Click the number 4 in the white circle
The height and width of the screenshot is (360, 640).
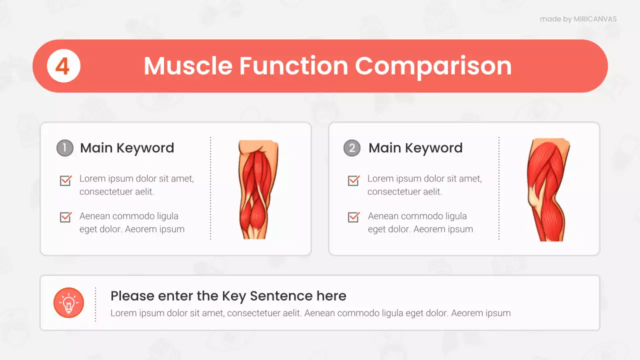(x=62, y=66)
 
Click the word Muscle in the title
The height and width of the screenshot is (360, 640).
(x=188, y=66)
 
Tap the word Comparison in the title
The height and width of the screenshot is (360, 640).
(x=433, y=66)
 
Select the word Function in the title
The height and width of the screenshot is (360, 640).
(x=293, y=66)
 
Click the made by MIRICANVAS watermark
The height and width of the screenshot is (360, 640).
(x=578, y=19)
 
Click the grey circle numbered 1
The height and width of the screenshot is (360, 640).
(x=65, y=148)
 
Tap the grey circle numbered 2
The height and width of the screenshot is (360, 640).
(x=352, y=148)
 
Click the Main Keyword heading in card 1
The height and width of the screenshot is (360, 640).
(x=127, y=148)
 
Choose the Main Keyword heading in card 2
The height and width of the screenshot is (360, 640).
(x=415, y=148)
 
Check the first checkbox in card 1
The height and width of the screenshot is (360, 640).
(x=65, y=180)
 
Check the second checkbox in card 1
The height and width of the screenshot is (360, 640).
(x=65, y=217)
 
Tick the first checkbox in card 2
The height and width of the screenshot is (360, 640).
(x=353, y=180)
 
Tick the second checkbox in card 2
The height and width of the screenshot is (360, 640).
(x=353, y=217)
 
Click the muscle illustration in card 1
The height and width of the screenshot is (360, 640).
(x=258, y=189)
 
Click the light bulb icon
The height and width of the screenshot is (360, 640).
(x=68, y=302)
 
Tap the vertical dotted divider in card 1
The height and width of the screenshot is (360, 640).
(x=210, y=188)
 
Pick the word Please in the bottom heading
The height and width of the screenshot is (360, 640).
(x=132, y=296)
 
